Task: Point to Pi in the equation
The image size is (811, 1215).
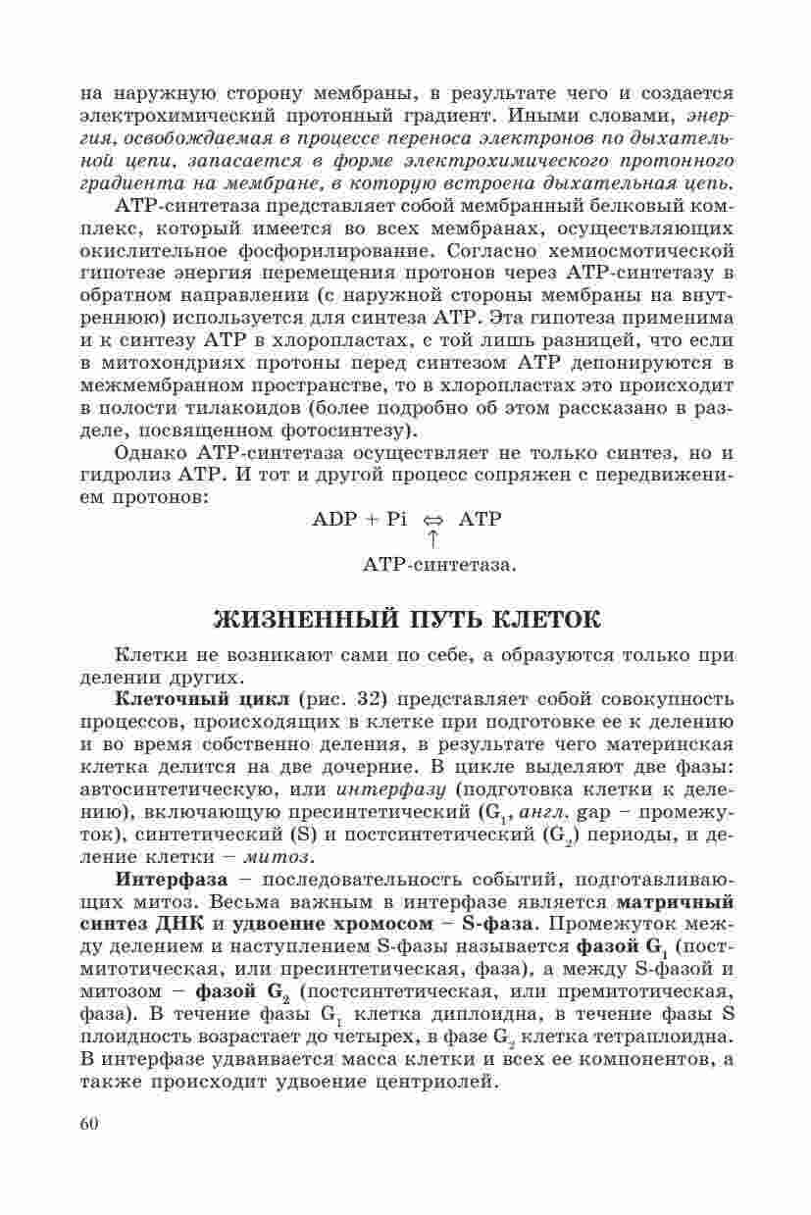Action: [396, 520]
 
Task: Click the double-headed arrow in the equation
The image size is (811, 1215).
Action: [432, 521]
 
